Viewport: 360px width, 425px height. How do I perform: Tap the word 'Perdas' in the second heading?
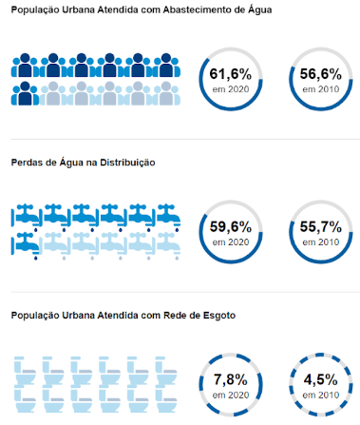point(28,162)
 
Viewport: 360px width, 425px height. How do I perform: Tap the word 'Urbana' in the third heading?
point(80,315)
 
